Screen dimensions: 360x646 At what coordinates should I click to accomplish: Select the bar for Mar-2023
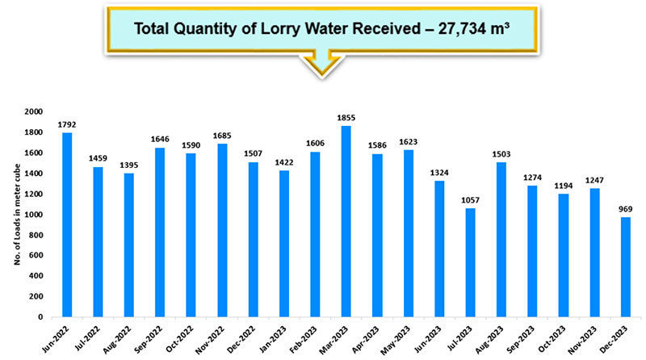[x=346, y=221]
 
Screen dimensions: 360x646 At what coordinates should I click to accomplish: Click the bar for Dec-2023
[x=625, y=267]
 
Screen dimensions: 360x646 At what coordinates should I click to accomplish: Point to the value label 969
[x=625, y=209]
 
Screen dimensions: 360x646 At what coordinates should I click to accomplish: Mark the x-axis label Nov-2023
[x=596, y=340]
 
